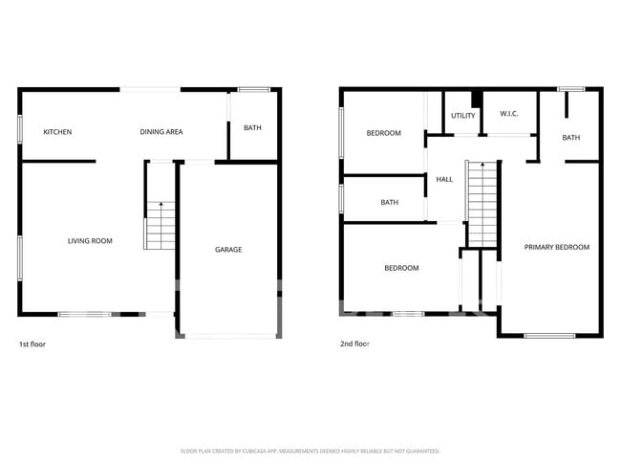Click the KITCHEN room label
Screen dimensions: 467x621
pyautogui.click(x=57, y=132)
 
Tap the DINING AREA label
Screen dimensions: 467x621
pyautogui.click(x=161, y=132)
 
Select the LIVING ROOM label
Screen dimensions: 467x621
pyautogui.click(x=90, y=241)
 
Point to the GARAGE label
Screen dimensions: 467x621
pyautogui.click(x=228, y=250)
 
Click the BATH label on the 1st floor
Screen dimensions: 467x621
pyautogui.click(x=252, y=128)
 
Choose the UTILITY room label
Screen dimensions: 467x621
pyautogui.click(x=463, y=116)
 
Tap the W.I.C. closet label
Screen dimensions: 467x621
pyautogui.click(x=509, y=115)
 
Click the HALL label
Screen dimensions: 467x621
pyautogui.click(x=444, y=180)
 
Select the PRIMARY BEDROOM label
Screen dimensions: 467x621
pyautogui.click(x=557, y=247)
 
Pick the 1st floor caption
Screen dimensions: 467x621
pyautogui.click(x=32, y=344)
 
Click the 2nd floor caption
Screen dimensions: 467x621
pyautogui.click(x=354, y=344)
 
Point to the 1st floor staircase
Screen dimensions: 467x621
pyautogui.click(x=161, y=229)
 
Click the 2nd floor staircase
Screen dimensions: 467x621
pyautogui.click(x=482, y=205)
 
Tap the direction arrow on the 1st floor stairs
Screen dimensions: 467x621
pyautogui.click(x=161, y=204)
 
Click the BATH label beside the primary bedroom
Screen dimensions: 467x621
pyautogui.click(x=570, y=138)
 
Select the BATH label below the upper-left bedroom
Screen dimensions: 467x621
pyautogui.click(x=390, y=203)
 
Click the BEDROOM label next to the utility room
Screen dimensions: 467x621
pyautogui.click(x=384, y=133)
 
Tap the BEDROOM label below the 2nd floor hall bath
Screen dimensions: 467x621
pyautogui.click(x=401, y=268)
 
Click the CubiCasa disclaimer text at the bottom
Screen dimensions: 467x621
pyautogui.click(x=310, y=451)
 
